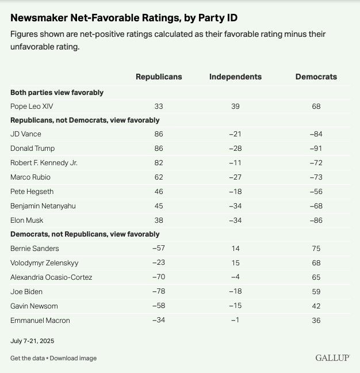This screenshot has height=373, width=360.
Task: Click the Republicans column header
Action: [159, 77]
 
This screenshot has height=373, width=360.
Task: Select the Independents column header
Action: [235, 77]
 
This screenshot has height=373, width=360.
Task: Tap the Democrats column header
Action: [316, 77]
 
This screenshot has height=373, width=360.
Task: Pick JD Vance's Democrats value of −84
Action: [316, 134]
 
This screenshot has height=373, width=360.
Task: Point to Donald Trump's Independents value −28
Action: [235, 149]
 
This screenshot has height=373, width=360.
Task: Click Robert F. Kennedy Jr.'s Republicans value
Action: [159, 163]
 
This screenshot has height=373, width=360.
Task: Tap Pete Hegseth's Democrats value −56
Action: [316, 191]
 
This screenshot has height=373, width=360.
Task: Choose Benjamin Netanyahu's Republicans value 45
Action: [159, 205]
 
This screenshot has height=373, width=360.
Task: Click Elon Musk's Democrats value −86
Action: [316, 220]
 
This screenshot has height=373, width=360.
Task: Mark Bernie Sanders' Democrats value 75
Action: [316, 249]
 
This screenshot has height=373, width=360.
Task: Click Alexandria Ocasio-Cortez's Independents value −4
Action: [235, 277]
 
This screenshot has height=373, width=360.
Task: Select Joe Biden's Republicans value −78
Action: [159, 291]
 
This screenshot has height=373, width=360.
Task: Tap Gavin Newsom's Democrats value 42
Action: [316, 306]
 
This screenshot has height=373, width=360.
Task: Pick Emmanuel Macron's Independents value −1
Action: [235, 320]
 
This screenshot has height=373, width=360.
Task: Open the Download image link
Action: [73, 358]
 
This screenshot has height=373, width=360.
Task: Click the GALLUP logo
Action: [332, 358]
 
